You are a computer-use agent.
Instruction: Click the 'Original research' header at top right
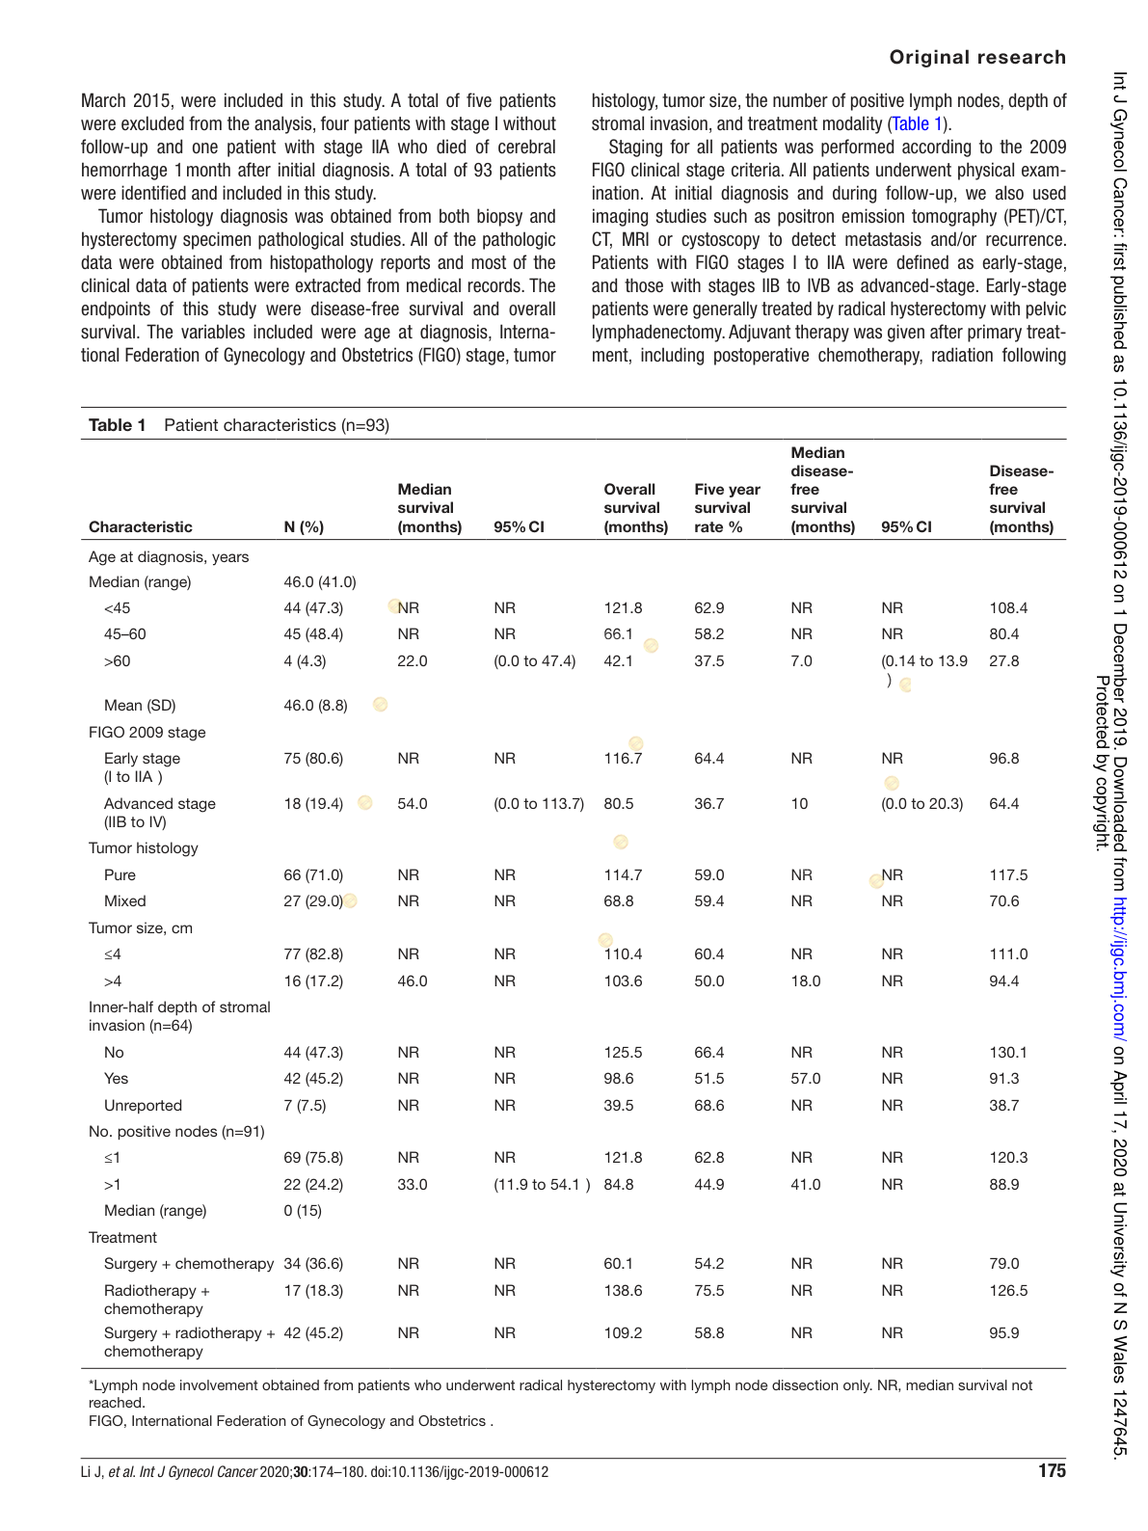[976, 57]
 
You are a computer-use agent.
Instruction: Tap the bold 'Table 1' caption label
[118, 425]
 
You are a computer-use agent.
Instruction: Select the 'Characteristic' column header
[141, 526]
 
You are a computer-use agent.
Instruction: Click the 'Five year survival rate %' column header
[727, 508]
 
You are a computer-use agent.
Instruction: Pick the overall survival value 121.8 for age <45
[623, 608]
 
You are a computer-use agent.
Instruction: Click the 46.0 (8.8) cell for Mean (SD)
[315, 706]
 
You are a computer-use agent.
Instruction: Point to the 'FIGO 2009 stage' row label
[147, 733]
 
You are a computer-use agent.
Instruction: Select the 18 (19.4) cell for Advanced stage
[313, 804]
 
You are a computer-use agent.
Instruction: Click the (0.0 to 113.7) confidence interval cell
[539, 804]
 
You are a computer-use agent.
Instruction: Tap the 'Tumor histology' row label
[143, 848]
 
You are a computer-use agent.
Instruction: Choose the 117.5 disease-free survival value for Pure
[1008, 875]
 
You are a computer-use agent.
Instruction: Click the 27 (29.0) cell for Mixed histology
[313, 901]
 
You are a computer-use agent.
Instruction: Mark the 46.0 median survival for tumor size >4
[413, 981]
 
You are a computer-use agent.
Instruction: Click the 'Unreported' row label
[143, 1106]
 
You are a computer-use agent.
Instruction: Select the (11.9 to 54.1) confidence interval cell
[542, 1185]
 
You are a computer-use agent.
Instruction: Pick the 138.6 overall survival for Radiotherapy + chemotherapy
[623, 1291]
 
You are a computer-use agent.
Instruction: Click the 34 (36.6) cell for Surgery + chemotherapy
[313, 1264]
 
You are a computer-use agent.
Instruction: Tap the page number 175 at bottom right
[1052, 1471]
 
